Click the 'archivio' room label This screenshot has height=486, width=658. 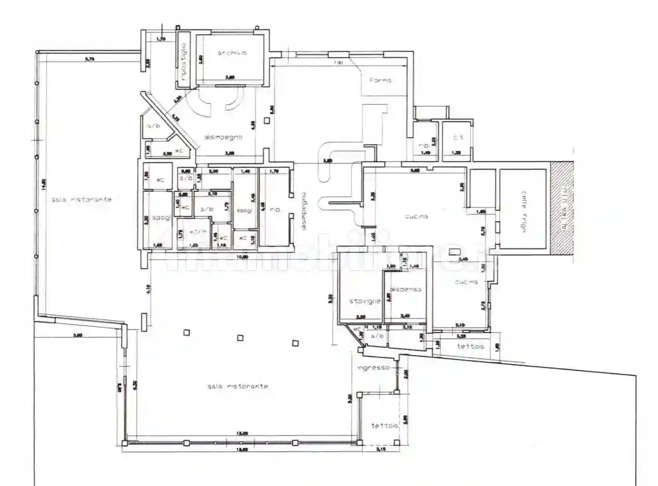[x=232, y=53]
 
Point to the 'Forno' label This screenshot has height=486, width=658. [x=380, y=80]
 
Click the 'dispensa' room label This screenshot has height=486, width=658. [x=406, y=290]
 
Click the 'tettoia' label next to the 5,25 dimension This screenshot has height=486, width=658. [x=470, y=347]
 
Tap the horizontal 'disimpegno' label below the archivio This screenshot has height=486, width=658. [x=224, y=137]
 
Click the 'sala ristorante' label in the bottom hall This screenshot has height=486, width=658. [x=238, y=387]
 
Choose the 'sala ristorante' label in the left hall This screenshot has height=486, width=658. [x=81, y=199]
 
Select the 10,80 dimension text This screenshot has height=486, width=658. [x=242, y=257]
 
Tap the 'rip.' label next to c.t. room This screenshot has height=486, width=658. [x=424, y=145]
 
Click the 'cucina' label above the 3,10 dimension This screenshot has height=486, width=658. [x=466, y=282]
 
